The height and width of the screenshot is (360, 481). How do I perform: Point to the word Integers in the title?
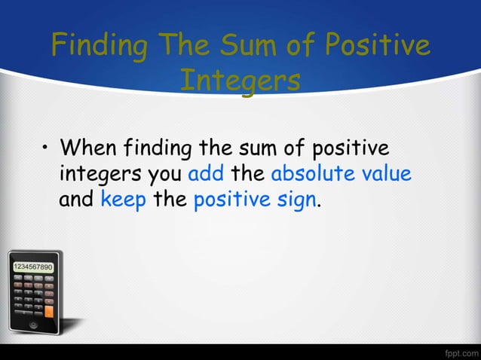240,81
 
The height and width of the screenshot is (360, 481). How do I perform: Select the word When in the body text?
92,145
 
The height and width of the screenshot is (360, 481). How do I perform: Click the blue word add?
206,174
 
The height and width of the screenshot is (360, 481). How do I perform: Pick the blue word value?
386,174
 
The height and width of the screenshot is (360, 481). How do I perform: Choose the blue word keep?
123,202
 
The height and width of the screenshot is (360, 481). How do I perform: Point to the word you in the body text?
164,174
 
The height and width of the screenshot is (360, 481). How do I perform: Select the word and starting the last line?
75,202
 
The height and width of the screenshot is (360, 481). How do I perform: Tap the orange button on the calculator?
50,310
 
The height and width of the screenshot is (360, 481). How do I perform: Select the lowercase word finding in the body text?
162,145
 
